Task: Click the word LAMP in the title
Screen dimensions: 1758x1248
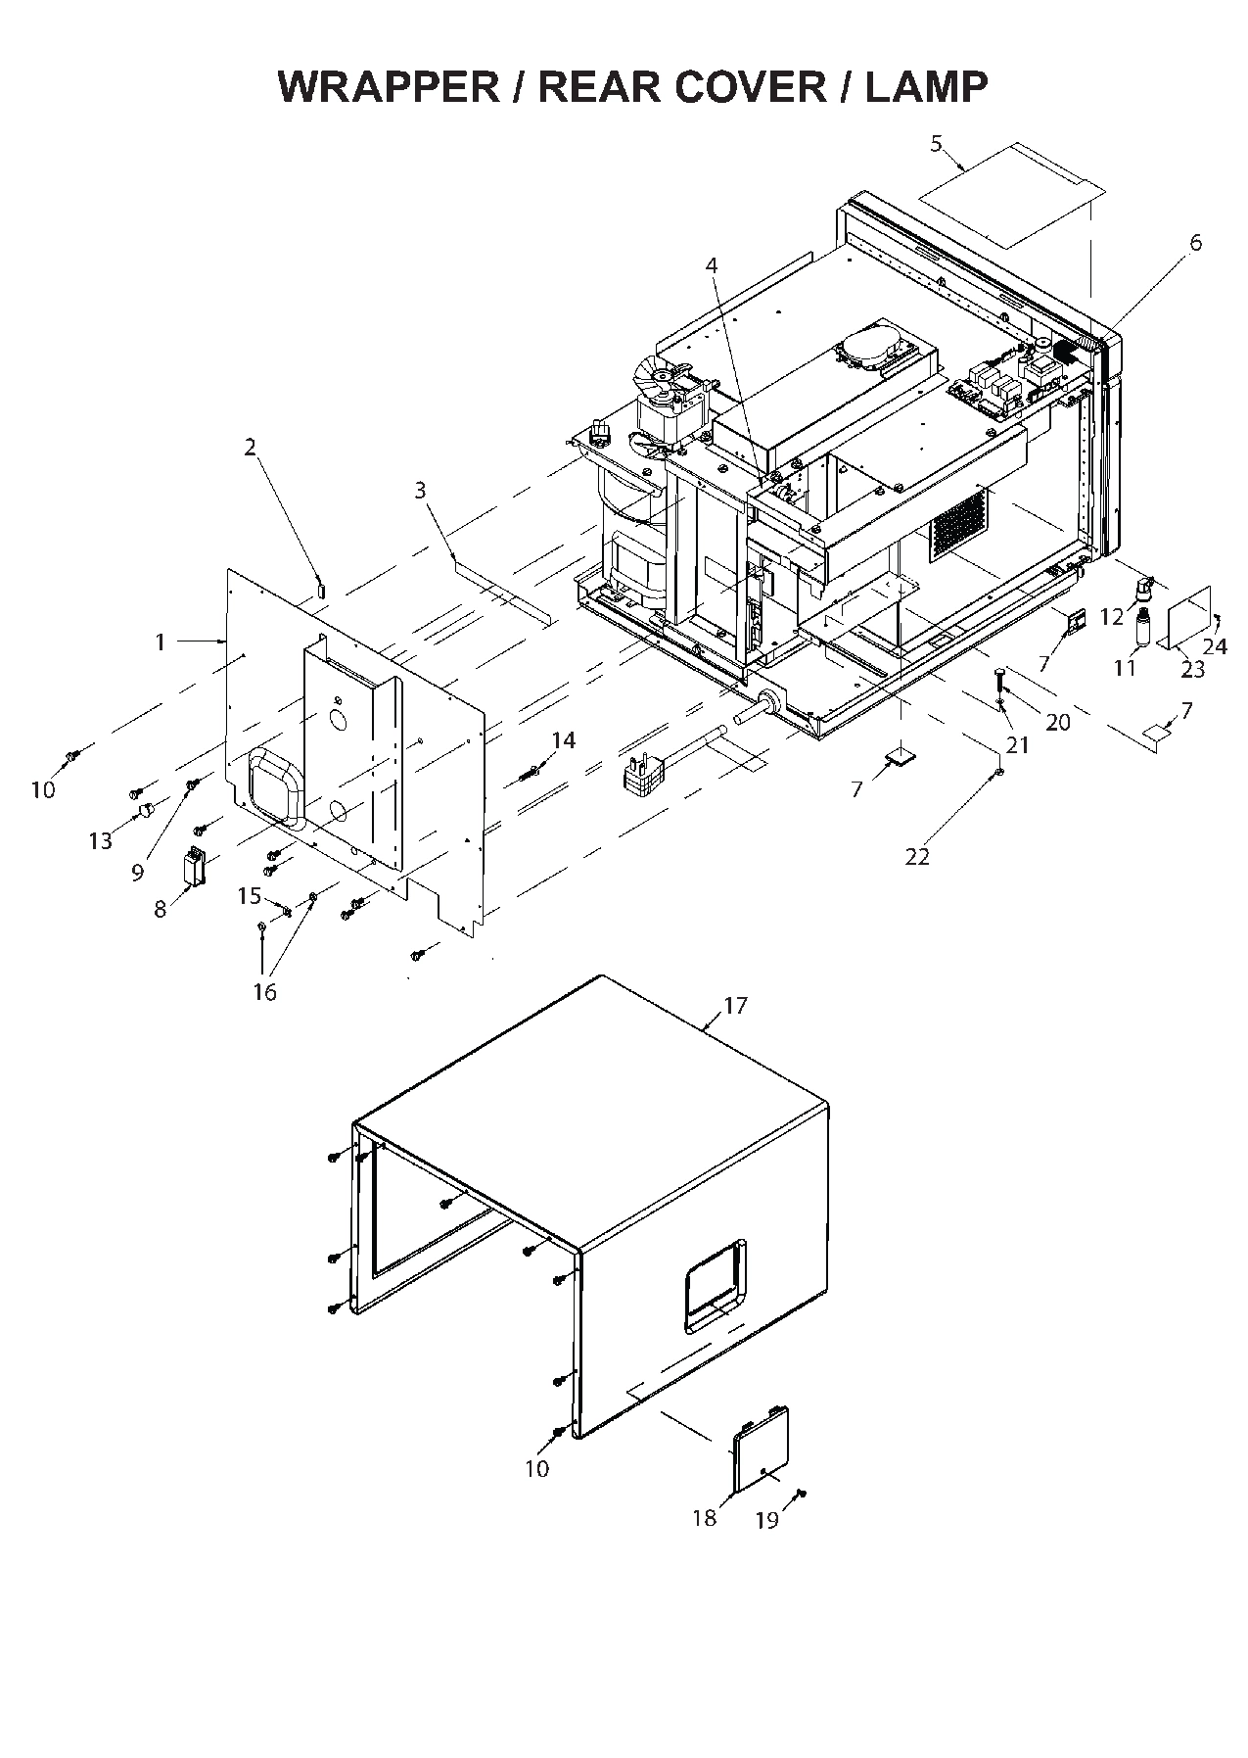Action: pyautogui.click(x=926, y=87)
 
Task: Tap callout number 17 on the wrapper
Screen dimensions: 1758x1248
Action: pyautogui.click(x=735, y=1006)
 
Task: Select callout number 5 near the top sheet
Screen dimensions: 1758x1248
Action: pyautogui.click(x=936, y=144)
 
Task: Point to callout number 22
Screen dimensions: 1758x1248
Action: pyautogui.click(x=916, y=856)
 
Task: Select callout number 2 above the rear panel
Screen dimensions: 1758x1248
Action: pyautogui.click(x=250, y=448)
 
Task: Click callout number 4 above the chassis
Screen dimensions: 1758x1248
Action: pyautogui.click(x=712, y=265)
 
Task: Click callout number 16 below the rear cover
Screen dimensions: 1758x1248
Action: pyautogui.click(x=264, y=991)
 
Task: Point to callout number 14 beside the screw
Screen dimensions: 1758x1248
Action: pyautogui.click(x=564, y=740)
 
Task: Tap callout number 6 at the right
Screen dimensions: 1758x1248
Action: pyautogui.click(x=1195, y=242)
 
